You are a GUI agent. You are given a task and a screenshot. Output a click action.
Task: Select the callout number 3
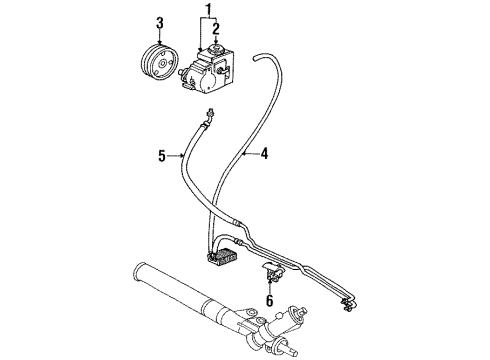(x=159, y=23)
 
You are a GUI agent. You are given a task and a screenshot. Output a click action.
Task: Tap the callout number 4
(x=264, y=153)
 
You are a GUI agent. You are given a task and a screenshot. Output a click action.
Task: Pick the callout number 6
(x=269, y=298)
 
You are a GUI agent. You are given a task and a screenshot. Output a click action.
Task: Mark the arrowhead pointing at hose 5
(x=181, y=155)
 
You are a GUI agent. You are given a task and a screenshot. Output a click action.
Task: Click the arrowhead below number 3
(x=159, y=41)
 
